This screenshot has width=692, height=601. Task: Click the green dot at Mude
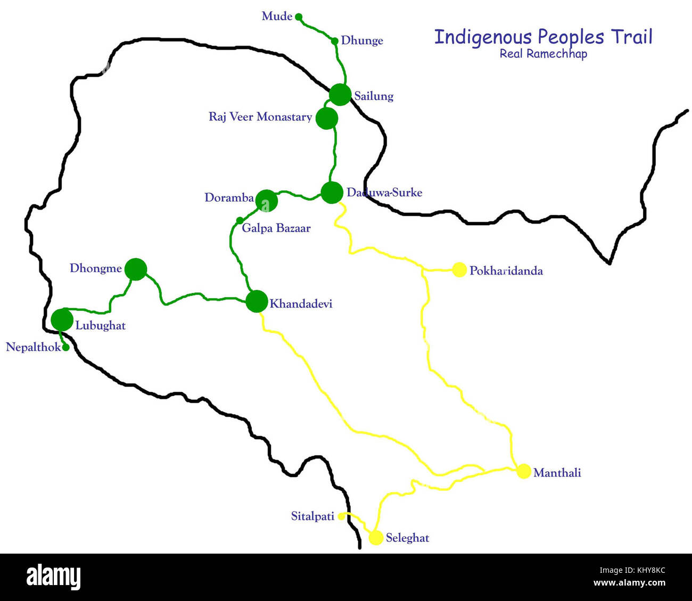(x=299, y=17)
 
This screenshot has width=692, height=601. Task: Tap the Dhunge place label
(x=362, y=41)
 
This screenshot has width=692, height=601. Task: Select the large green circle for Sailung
(x=340, y=95)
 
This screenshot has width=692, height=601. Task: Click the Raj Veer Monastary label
(x=260, y=117)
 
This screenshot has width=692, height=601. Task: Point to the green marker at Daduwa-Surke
(x=332, y=192)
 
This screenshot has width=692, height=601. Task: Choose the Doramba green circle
(x=267, y=201)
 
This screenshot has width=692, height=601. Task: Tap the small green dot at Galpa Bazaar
(x=240, y=220)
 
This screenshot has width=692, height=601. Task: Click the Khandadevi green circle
(x=257, y=301)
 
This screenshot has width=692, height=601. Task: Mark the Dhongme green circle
(x=136, y=269)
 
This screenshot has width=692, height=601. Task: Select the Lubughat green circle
(x=62, y=320)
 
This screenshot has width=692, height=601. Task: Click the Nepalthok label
(x=33, y=348)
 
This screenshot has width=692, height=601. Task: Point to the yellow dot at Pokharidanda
(x=459, y=270)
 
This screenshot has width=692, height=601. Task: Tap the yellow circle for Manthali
(x=524, y=471)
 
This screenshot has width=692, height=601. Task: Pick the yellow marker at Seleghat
(x=376, y=538)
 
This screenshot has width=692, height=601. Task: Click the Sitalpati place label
(x=312, y=516)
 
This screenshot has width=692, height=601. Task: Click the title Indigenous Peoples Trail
(x=543, y=37)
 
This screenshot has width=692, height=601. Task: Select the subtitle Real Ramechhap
(x=543, y=54)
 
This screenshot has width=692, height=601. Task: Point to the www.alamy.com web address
(x=629, y=583)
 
